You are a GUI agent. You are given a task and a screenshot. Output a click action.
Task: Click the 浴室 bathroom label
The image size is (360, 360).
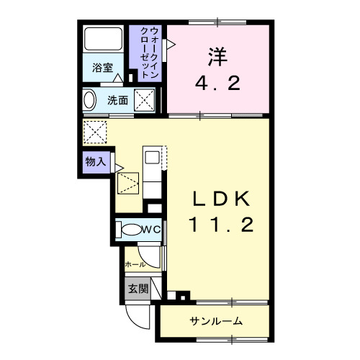[x=102, y=68]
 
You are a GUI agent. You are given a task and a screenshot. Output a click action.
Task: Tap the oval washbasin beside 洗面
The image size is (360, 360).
[x=89, y=101]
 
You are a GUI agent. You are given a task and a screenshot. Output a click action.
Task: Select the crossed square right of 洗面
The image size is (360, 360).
[x=145, y=100]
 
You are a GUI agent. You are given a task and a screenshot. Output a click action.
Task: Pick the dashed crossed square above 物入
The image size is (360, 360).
[x=94, y=132]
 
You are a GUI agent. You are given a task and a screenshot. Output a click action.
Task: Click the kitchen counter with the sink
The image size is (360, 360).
[x=153, y=171]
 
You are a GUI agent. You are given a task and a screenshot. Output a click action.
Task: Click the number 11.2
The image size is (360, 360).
[x=221, y=226]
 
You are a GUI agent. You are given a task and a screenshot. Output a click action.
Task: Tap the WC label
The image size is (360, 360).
[x=151, y=230]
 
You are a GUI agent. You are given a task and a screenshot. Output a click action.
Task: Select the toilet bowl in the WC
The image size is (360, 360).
[x=131, y=230]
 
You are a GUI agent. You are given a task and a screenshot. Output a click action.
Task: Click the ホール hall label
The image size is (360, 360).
[x=135, y=264]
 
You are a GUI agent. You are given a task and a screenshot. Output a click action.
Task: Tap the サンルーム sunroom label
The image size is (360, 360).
[x=216, y=320]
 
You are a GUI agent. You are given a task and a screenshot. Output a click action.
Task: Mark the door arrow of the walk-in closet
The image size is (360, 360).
[x=170, y=45]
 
